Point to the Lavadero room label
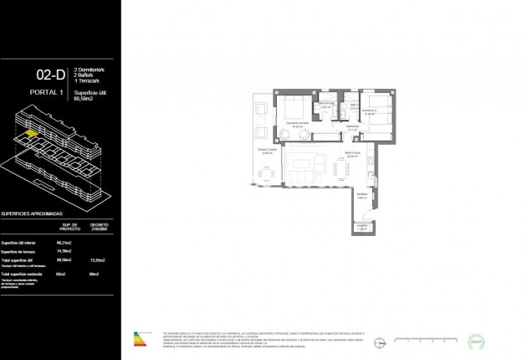pyautogui.click(x=362, y=225)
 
